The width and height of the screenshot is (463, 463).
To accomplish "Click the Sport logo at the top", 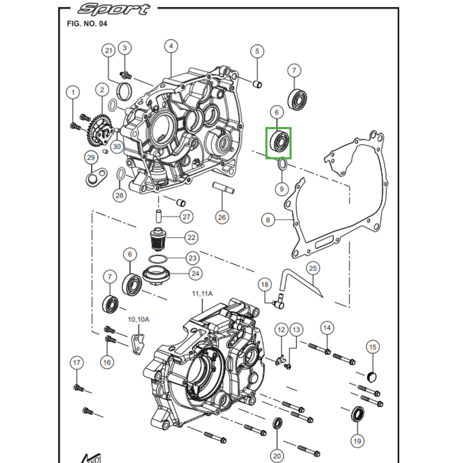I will pyautogui.click(x=114, y=9).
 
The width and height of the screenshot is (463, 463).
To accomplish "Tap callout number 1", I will pyautogui.click(x=73, y=92).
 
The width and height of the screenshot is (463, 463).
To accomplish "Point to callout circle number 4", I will pyautogui.click(x=171, y=46).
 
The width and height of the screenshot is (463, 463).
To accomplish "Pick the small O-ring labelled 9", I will pyautogui.click(x=282, y=166).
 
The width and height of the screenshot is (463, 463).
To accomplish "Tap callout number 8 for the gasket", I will pyautogui.click(x=268, y=220).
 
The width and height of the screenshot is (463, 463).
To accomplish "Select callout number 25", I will pyautogui.click(x=313, y=268).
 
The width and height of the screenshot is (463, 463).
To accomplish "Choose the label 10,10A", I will pyautogui.click(x=139, y=319).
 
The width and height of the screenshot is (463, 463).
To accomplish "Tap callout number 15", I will pyautogui.click(x=373, y=347).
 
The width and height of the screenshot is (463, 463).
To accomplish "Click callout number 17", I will pyautogui.click(x=77, y=363).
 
